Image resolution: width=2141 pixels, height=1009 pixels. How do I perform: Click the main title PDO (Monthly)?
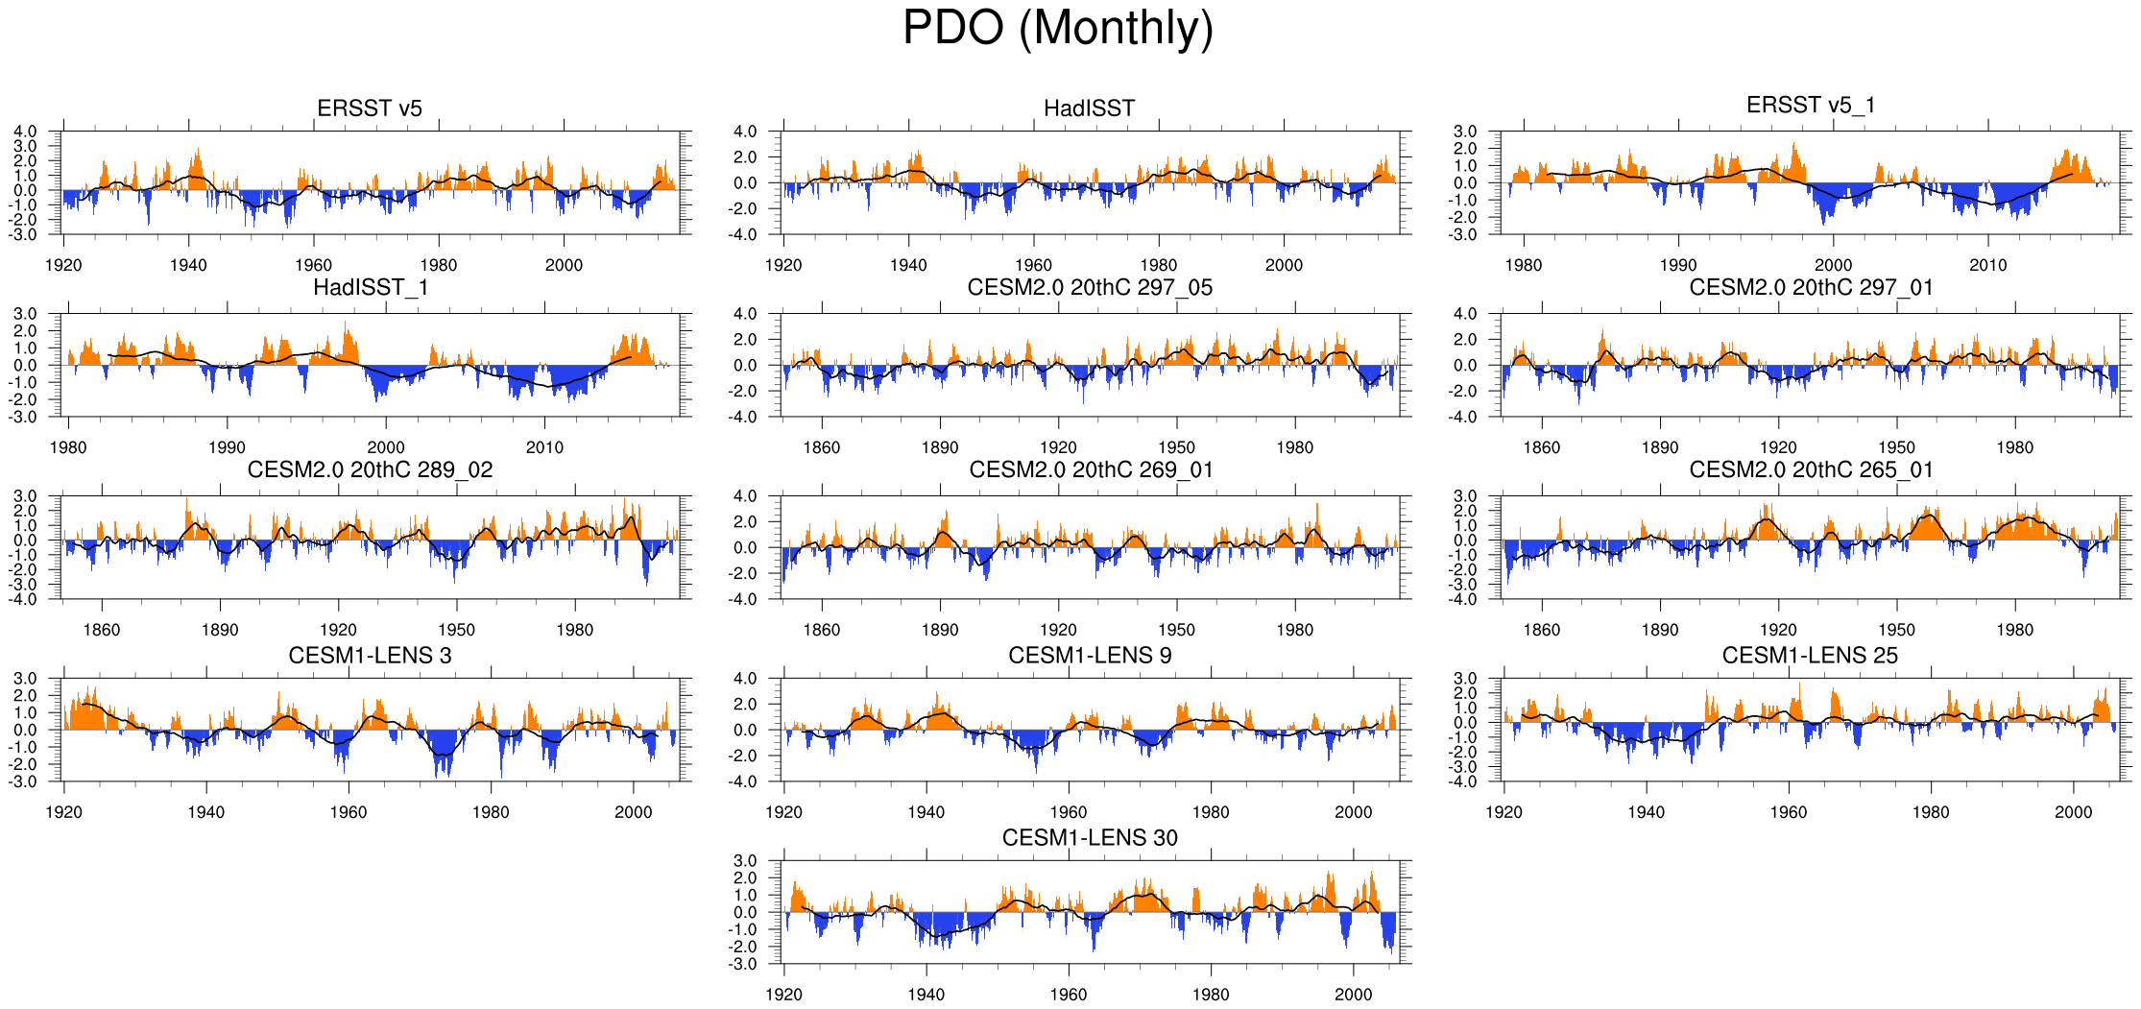1057,29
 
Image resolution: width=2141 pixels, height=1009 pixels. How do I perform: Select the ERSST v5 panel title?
370,108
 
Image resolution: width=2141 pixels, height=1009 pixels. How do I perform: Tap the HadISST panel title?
1089,108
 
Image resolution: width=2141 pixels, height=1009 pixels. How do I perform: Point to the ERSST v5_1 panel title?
1810,105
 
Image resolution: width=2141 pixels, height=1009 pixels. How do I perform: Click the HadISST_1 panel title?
371,287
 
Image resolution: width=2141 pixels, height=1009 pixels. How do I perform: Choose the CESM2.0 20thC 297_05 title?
1090,287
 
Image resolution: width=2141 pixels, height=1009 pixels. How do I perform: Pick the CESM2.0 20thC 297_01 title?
1811,287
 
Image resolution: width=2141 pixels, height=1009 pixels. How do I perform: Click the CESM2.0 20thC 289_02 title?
370,469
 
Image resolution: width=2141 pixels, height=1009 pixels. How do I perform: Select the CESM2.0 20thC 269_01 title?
1091,469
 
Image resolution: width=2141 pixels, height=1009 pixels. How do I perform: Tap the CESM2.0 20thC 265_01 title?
1811,469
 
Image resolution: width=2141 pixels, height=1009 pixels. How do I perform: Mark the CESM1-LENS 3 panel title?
370,656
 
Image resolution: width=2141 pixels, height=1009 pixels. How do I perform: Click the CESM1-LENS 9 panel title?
1090,656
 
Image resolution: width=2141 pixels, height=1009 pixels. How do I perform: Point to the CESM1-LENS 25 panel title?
1810,656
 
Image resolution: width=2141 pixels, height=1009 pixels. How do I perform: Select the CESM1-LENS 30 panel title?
1090,838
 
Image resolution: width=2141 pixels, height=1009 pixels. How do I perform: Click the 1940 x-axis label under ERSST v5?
188,265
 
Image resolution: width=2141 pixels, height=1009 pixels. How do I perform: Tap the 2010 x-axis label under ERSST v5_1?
1987,265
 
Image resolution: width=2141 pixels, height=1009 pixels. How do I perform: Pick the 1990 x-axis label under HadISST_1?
227,447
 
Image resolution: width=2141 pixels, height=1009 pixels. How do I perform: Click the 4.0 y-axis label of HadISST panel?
744,132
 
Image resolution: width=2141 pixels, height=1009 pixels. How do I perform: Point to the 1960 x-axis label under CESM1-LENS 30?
1068,995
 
